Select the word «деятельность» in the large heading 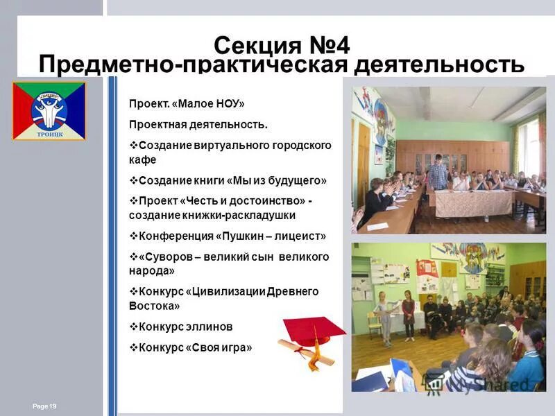pyautogui.click(x=439, y=66)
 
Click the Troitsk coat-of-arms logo pyautogui.click(x=49, y=111)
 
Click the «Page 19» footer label pyautogui.click(x=44, y=406)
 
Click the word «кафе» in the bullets pyautogui.click(x=142, y=159)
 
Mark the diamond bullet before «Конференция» pyautogui.click(x=134, y=236)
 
